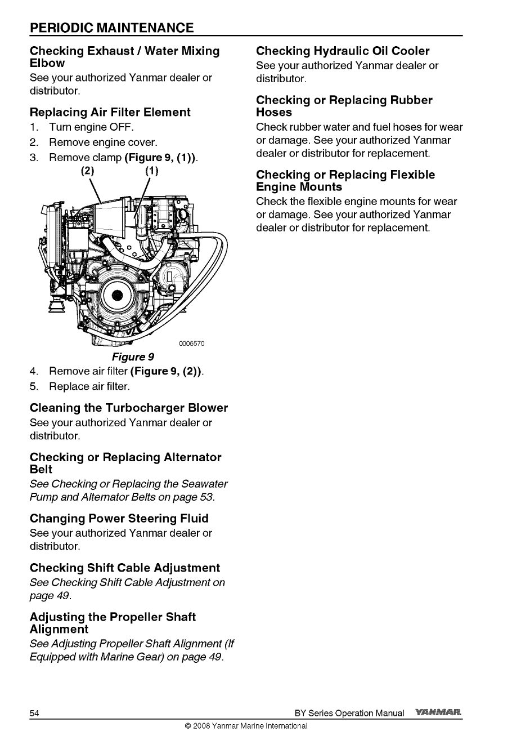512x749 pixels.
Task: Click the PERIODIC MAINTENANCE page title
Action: point(112,28)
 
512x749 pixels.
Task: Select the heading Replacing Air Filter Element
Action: point(110,112)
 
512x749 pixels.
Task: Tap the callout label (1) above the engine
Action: point(152,170)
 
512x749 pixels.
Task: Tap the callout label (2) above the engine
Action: point(89,170)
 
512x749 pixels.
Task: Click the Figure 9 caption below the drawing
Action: point(133,357)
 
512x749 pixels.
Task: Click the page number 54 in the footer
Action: point(34,713)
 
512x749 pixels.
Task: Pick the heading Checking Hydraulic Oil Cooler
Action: point(342,51)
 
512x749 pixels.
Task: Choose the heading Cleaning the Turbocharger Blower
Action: point(128,407)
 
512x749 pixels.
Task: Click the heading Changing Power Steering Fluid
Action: point(119,518)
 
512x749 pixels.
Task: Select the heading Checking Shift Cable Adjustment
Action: point(124,568)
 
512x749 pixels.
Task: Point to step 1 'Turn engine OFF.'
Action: point(91,127)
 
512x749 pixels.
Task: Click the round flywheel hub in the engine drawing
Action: point(117,296)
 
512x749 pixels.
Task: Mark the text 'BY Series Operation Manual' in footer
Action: point(349,713)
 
